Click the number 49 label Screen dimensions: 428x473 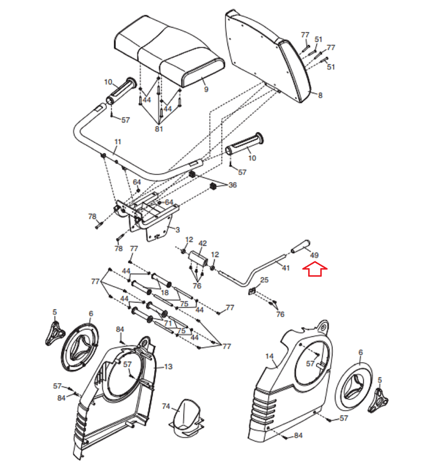pyautogui.click(x=314, y=255)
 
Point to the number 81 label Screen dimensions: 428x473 pyautogui.click(x=159, y=129)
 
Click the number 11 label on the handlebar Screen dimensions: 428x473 pyautogui.click(x=118, y=142)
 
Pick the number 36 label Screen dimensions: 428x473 pyautogui.click(x=233, y=185)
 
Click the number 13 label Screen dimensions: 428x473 pyautogui.click(x=168, y=367)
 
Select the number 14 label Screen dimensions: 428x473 pyautogui.click(x=269, y=356)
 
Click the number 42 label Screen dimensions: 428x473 pyautogui.click(x=202, y=243)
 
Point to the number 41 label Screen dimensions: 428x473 pyautogui.click(x=286, y=268)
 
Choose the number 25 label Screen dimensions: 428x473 pyautogui.click(x=264, y=280)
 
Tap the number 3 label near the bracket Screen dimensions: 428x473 pyautogui.click(x=177, y=230)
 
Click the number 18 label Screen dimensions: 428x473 pyautogui.click(x=165, y=293)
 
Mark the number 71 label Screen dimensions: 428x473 pyautogui.click(x=168, y=323)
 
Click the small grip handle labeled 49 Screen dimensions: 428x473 pyautogui.click(x=300, y=246)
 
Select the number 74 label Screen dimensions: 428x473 pyautogui.click(x=166, y=406)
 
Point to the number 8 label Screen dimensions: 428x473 pyautogui.click(x=320, y=95)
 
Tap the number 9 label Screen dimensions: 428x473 pyautogui.click(x=206, y=89)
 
